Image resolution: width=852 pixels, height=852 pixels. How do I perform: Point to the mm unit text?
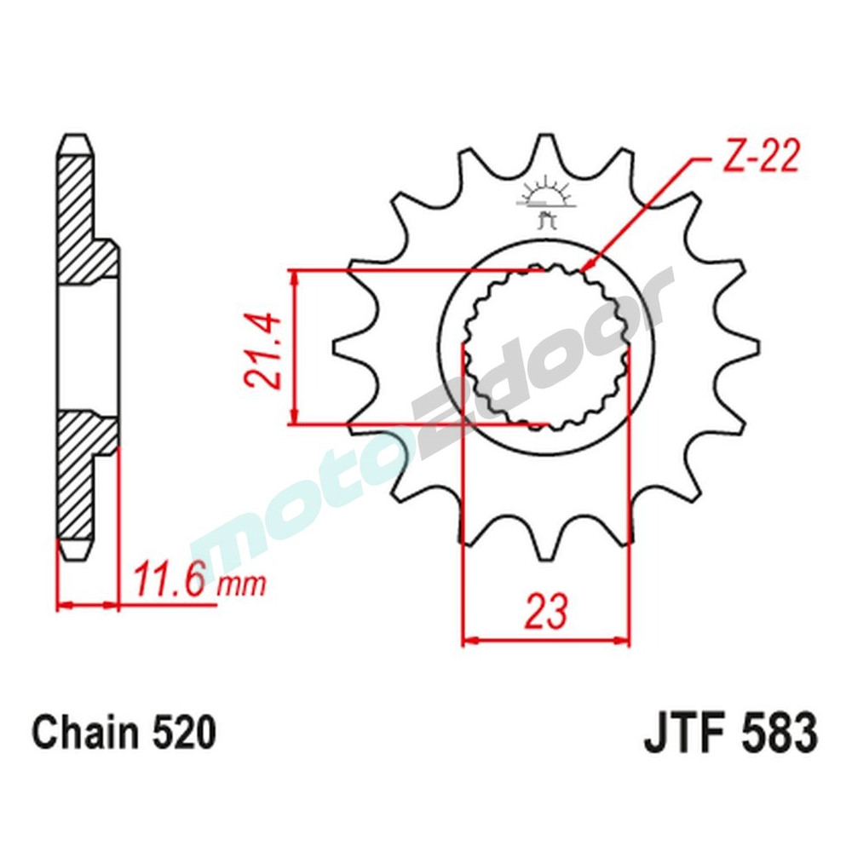pyautogui.click(x=241, y=585)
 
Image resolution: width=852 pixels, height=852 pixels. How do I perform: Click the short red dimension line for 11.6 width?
pyautogui.click(x=87, y=607)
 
